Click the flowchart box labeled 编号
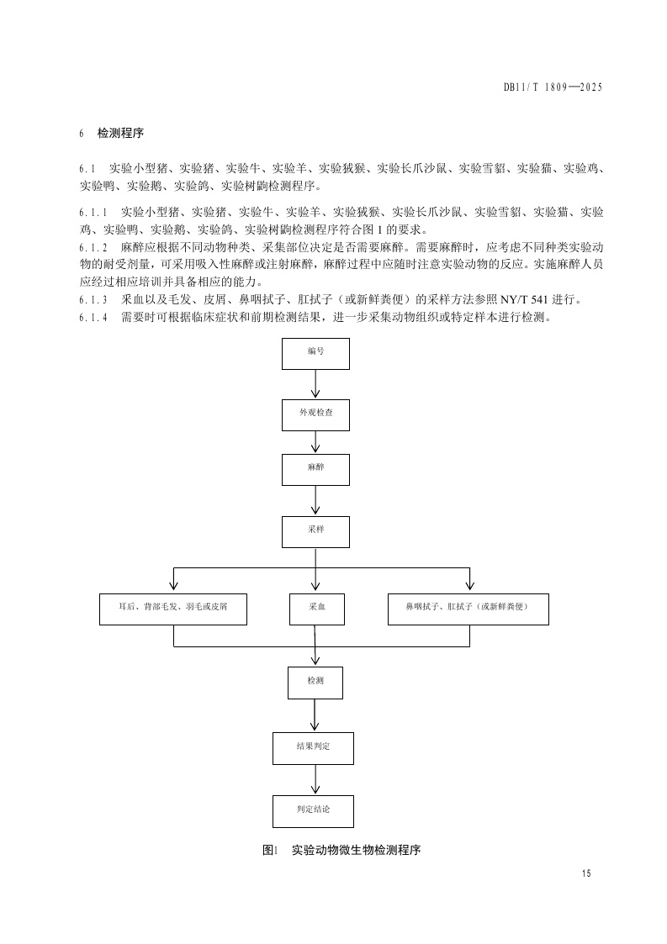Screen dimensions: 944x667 [315, 352]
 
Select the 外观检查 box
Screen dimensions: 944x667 [315, 414]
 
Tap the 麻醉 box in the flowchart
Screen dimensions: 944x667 [315, 468]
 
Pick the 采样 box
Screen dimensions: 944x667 [315, 531]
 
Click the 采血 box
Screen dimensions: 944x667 [315, 608]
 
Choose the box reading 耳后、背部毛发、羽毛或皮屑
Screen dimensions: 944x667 [173, 608]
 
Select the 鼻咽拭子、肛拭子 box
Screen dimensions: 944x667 [468, 608]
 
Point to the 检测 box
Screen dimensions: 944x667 [315, 682]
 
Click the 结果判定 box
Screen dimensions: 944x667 [313, 747]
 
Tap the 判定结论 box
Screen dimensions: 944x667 [313, 810]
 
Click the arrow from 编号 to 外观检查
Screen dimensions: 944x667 [315, 384]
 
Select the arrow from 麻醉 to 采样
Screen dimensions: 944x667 [315, 500]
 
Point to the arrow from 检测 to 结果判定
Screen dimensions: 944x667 [315, 715]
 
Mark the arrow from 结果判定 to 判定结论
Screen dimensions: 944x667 [315, 779]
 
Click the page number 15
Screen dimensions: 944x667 [586, 874]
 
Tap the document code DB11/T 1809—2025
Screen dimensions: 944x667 [553, 87]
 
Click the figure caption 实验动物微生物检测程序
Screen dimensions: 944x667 [355, 850]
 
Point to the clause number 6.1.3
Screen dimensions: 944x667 [93, 300]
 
